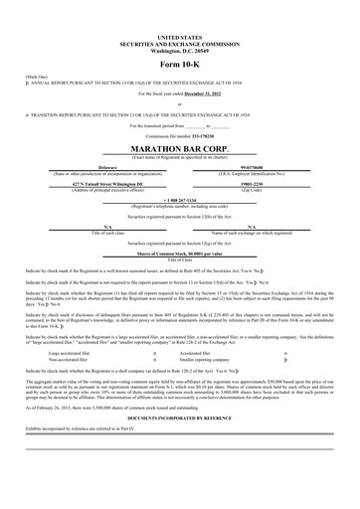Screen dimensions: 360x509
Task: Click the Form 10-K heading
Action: pyautogui.click(x=179, y=65)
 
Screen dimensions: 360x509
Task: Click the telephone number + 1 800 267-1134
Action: pyautogui.click(x=179, y=200)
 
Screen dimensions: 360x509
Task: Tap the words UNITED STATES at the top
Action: pyautogui.click(x=179, y=35)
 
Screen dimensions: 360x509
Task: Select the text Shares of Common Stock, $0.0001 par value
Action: pyautogui.click(x=179, y=254)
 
